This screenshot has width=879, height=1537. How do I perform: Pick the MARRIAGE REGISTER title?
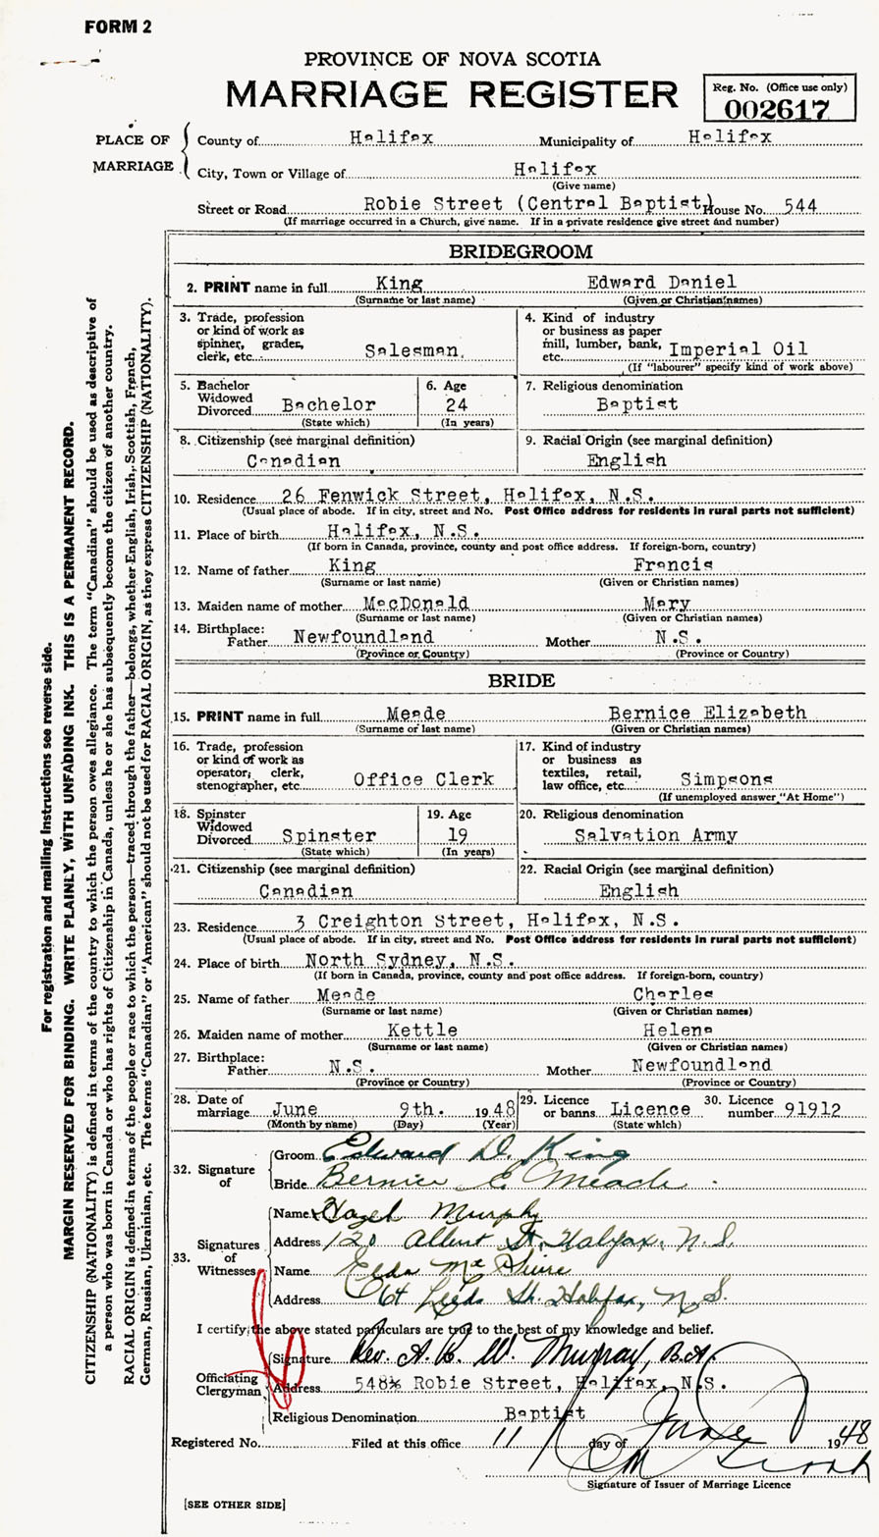click(x=451, y=94)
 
